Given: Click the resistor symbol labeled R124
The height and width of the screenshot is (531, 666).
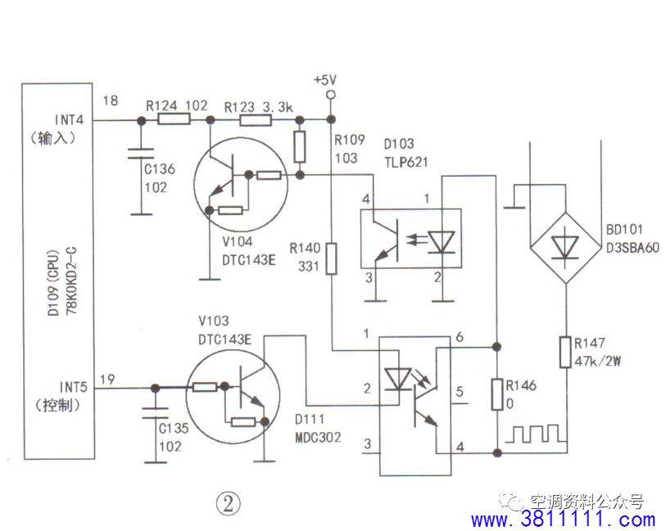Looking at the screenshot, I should click(174, 119).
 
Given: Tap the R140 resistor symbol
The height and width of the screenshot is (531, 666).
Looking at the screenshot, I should click(332, 257).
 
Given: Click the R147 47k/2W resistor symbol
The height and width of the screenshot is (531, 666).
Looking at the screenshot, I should click(565, 351).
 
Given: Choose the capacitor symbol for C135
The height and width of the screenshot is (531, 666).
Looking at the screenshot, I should click(152, 407).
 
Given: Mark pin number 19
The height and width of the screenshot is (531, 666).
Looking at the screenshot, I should click(106, 380).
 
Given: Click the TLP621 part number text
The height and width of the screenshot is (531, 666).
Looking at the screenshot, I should click(405, 162).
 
